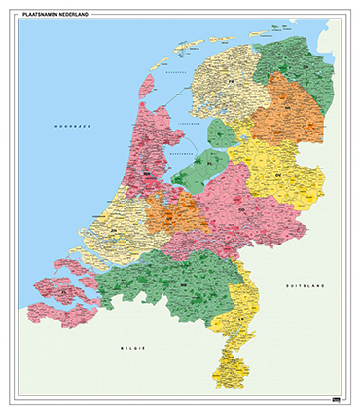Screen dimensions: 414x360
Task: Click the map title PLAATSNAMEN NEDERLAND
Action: click(57, 12)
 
